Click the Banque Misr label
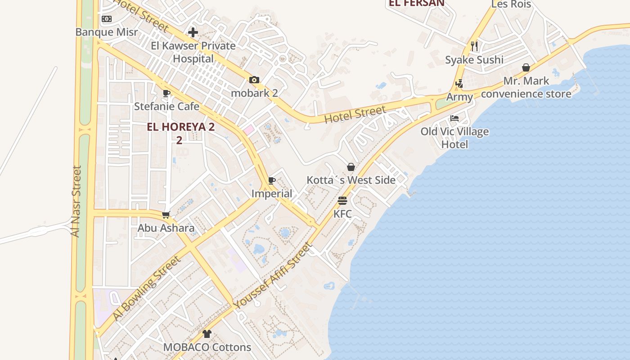106,32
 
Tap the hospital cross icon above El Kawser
193,32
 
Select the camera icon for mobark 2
254,80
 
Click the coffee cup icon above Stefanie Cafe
166,93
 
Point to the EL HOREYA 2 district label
180,127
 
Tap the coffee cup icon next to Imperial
272,180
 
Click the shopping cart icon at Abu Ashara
166,215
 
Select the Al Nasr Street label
76,201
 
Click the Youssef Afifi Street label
273,275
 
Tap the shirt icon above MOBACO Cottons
207,334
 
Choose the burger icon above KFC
342,201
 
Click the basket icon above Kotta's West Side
351,167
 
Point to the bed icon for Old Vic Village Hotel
454,118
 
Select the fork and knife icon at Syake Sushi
474,46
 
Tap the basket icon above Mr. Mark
526,68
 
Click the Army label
459,97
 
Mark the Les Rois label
511,4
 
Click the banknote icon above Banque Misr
106,19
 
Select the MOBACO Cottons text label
207,347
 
